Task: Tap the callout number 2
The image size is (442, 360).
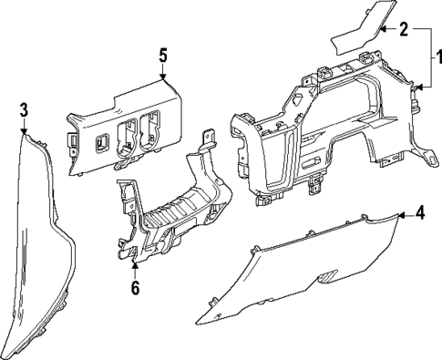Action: click(403, 29)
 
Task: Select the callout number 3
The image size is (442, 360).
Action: click(24, 109)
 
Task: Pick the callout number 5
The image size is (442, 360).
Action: click(163, 56)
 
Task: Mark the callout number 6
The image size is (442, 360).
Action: click(135, 288)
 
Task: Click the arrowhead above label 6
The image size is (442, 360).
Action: click(135, 265)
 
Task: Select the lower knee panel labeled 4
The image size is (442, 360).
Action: click(301, 269)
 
